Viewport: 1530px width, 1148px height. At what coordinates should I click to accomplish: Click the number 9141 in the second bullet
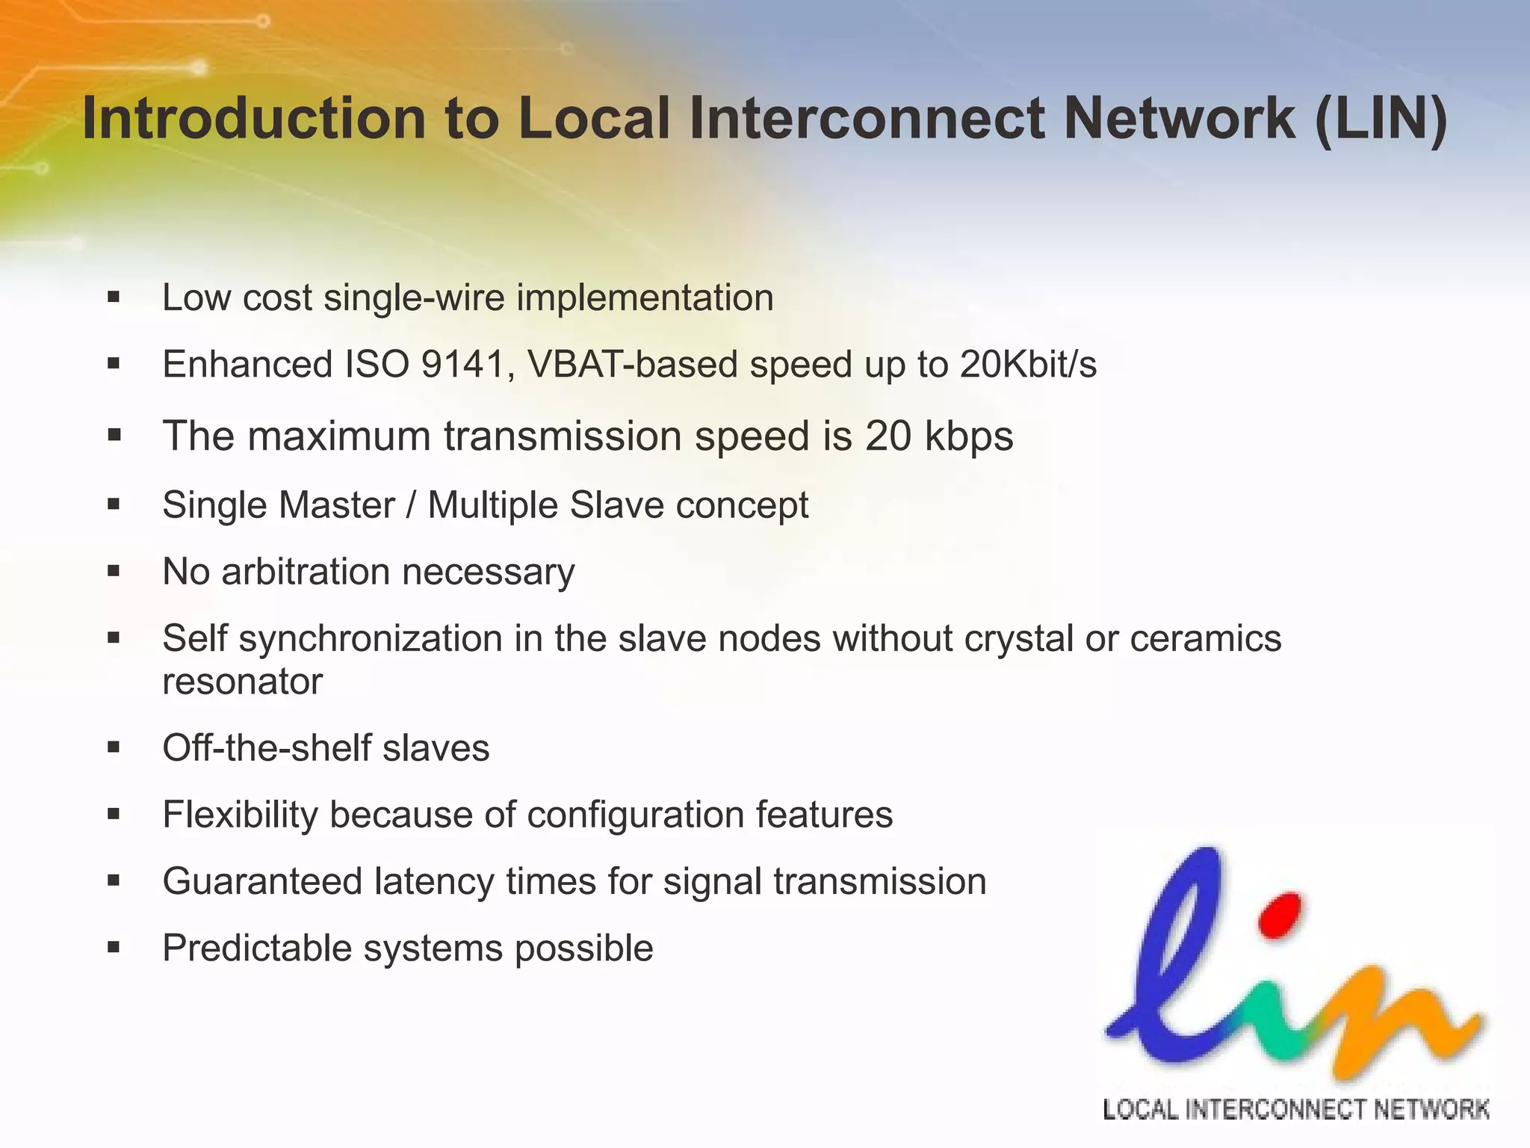(x=463, y=365)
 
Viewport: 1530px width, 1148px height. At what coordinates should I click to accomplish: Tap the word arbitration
(x=306, y=572)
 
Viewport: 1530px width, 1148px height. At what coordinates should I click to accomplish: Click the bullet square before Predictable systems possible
(x=114, y=948)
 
